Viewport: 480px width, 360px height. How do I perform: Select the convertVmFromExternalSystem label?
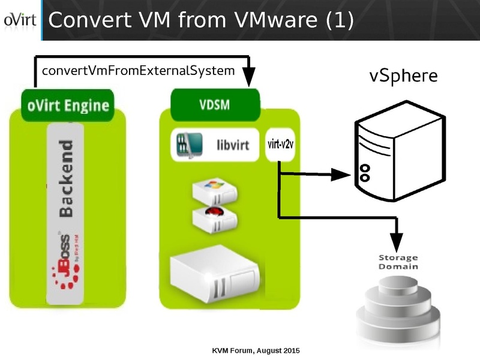[138, 71]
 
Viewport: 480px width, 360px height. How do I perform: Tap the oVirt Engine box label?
[68, 106]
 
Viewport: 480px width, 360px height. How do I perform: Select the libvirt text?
[235, 144]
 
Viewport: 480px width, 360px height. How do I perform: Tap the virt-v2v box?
[279, 144]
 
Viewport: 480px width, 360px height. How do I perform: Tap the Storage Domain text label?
[398, 262]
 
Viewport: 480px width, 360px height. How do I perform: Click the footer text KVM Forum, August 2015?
[256, 350]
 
